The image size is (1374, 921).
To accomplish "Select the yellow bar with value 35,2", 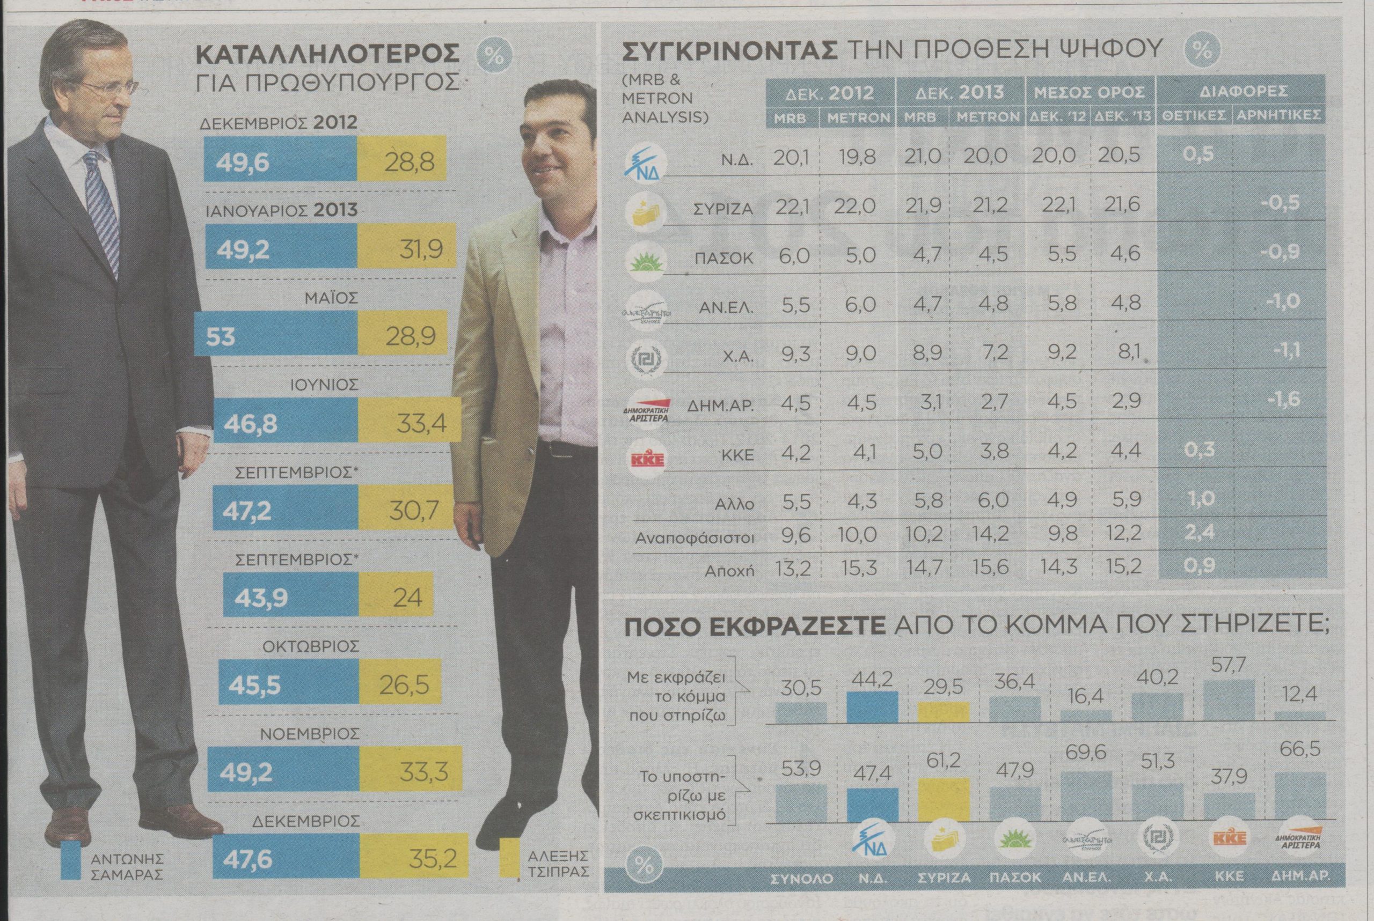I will tap(414, 859).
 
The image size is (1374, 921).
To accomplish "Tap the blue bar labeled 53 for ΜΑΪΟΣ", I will tap(275, 335).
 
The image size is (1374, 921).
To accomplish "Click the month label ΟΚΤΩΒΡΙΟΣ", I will tap(311, 646).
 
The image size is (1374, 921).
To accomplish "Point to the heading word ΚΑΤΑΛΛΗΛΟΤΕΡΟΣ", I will tap(327, 54).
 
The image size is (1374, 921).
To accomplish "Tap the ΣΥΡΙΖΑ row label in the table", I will tap(723, 209).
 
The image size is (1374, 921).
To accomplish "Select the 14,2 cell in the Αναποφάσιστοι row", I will tap(988, 533).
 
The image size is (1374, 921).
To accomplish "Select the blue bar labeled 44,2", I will tap(872, 706).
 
